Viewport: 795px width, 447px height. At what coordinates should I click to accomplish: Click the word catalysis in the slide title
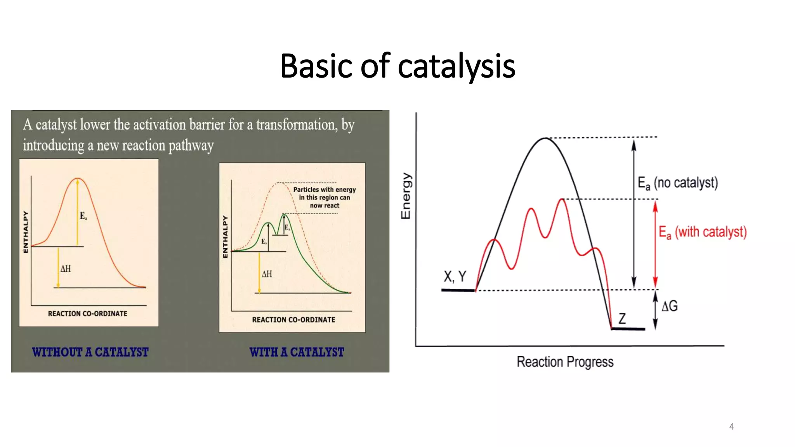(x=457, y=66)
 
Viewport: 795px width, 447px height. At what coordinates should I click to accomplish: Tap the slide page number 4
(x=731, y=426)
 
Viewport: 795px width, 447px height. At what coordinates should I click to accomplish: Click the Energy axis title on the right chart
(x=406, y=196)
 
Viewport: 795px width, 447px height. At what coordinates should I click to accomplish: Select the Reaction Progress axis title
(x=565, y=362)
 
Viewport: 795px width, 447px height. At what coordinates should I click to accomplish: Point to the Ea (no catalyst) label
(x=678, y=183)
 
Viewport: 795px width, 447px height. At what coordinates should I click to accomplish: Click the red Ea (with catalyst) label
(x=703, y=232)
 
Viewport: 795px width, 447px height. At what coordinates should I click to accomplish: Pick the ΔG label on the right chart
(x=670, y=306)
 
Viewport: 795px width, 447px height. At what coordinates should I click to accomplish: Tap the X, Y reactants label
(x=455, y=277)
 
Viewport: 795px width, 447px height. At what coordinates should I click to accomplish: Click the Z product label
(x=622, y=319)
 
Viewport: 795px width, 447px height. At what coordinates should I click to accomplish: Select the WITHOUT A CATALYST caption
(x=90, y=352)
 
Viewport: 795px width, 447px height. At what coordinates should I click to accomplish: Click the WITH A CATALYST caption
(x=297, y=352)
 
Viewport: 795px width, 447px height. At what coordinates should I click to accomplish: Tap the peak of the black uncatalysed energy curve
(x=545, y=138)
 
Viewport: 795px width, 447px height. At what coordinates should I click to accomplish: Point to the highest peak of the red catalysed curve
(x=562, y=199)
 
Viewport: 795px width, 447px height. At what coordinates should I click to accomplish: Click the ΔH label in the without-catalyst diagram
(x=66, y=269)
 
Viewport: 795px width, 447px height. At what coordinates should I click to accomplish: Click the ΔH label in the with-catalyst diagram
(x=267, y=274)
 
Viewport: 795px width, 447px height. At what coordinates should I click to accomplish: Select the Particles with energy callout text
(x=325, y=198)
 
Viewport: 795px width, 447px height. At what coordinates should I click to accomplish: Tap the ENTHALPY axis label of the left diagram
(x=26, y=232)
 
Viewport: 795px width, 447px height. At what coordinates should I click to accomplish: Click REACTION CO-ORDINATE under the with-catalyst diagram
(x=293, y=320)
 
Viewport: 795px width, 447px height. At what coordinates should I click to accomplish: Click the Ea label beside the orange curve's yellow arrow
(x=83, y=216)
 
